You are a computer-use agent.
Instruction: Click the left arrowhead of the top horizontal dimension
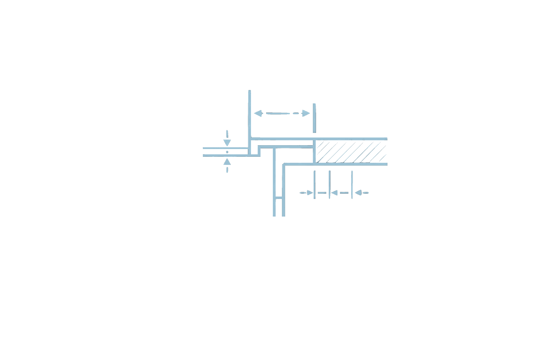tap(258, 113)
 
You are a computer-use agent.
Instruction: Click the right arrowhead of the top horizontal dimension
tap(306, 113)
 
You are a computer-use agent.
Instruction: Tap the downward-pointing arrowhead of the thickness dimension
tap(227, 143)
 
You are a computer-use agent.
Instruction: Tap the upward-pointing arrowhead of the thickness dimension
tap(227, 162)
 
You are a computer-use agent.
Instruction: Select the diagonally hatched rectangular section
tap(351, 152)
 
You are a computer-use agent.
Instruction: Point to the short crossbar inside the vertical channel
tap(279, 198)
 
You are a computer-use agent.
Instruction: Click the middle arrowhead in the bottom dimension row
tap(334, 193)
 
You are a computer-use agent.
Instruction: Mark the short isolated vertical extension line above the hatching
tap(314, 118)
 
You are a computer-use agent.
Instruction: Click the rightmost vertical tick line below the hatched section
tap(352, 184)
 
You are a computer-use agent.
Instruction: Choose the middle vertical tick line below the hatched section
tap(329, 184)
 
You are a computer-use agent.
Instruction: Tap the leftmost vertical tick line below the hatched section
tap(314, 184)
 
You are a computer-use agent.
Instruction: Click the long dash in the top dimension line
tap(278, 113)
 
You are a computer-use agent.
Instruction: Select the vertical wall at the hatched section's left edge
tap(314, 152)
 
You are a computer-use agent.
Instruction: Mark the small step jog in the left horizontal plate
tap(259, 150)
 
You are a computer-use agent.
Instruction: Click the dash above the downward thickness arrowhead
tap(227, 134)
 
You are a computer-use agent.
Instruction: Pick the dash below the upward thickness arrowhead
tap(227, 170)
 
